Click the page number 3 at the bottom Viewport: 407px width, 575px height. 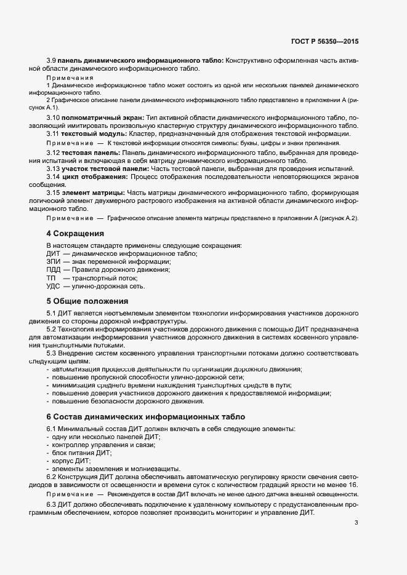tap(356, 523)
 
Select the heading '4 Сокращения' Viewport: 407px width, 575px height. tap(75, 234)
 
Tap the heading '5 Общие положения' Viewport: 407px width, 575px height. tap(87, 301)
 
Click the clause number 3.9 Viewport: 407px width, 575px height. tap(52, 60)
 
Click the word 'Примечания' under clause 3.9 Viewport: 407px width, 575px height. tap(70, 78)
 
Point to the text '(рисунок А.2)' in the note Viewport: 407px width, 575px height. tap(336, 218)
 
